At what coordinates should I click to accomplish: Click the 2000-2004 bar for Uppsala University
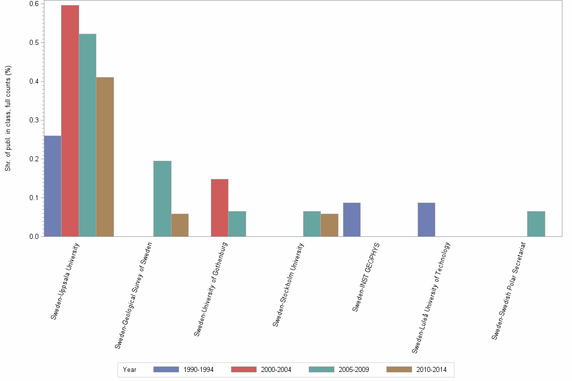tap(70, 121)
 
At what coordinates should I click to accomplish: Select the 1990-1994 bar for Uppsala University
tap(52, 186)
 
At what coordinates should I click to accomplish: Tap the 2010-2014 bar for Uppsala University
tap(105, 157)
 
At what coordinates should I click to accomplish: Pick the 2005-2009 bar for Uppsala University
tap(88, 135)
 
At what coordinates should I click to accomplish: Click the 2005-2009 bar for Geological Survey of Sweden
tap(162, 199)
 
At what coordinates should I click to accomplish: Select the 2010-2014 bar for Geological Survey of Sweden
tap(180, 225)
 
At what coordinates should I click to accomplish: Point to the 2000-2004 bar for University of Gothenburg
tap(219, 208)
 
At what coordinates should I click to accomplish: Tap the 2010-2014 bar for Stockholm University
tap(329, 225)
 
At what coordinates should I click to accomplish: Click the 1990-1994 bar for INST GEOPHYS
tap(352, 220)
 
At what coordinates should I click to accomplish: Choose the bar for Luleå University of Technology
tap(426, 220)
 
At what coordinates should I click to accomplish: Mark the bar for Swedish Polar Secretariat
tap(536, 224)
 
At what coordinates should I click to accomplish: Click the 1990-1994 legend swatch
tap(166, 369)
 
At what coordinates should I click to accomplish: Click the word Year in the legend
tap(130, 369)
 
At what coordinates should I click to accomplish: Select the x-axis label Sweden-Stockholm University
tap(288, 285)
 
